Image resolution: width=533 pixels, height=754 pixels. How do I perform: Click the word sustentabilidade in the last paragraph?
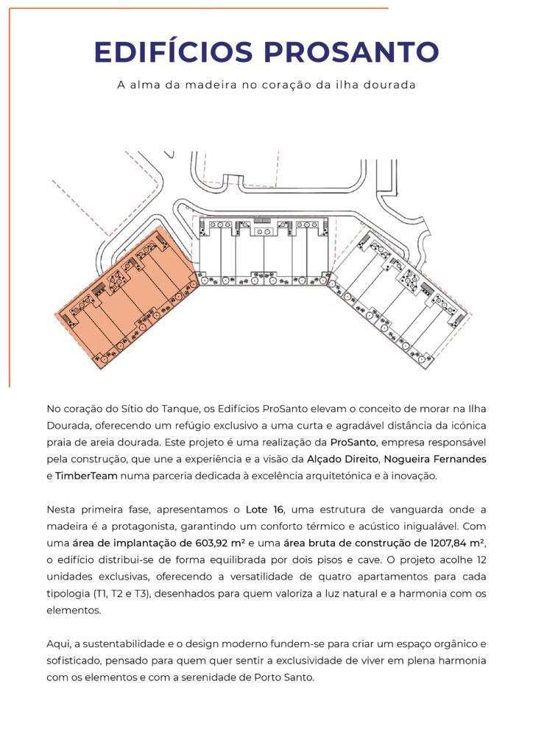[x=113, y=644]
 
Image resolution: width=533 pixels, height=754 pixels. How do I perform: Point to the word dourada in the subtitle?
[x=392, y=85]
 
